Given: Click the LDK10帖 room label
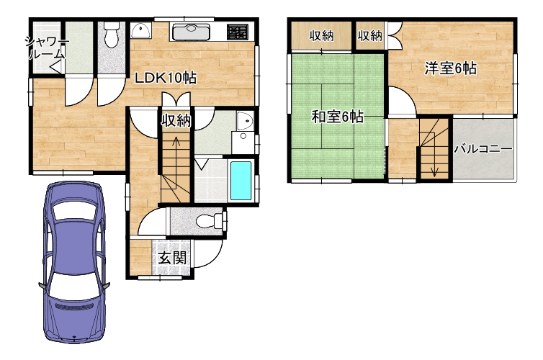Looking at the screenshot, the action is coord(166,78).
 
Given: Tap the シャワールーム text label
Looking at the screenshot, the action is coord(46,48).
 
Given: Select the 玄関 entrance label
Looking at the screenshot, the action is coord(172,258).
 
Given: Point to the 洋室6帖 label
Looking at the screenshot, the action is coord(451,68).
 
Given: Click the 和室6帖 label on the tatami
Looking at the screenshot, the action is coord(338,117).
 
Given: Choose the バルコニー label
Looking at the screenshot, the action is coord(483,149).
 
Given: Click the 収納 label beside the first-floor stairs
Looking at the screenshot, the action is coord(176,121).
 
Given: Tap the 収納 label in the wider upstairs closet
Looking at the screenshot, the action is coord(321,36).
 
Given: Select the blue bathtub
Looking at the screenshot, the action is coord(241,181).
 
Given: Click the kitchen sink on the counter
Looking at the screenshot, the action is coord(191,32).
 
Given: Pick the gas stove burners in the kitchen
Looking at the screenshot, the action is coord(238,32).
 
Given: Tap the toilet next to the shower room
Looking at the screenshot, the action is coord(112,34).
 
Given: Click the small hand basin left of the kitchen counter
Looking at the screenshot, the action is coord(140,30).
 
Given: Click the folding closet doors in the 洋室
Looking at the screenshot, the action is coord(395,35).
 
